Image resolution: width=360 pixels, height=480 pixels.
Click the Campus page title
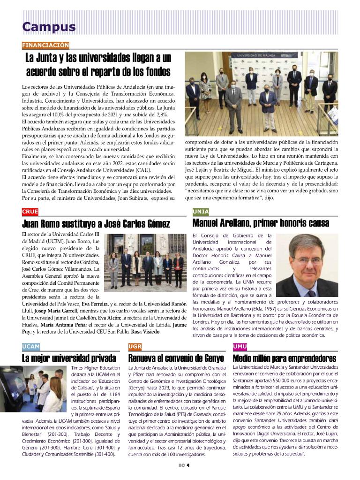coord(49,27)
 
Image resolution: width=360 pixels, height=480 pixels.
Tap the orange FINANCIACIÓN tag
coord(45,46)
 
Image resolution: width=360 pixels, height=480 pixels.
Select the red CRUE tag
coord(30,212)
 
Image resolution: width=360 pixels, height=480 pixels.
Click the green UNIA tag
coord(201,212)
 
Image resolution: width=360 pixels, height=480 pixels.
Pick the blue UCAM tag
coord(31,347)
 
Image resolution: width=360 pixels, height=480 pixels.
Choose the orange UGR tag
coord(135,347)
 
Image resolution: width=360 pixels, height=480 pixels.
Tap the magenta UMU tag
coord(240,347)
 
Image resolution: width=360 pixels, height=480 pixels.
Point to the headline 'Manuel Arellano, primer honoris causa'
coord(261,223)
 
